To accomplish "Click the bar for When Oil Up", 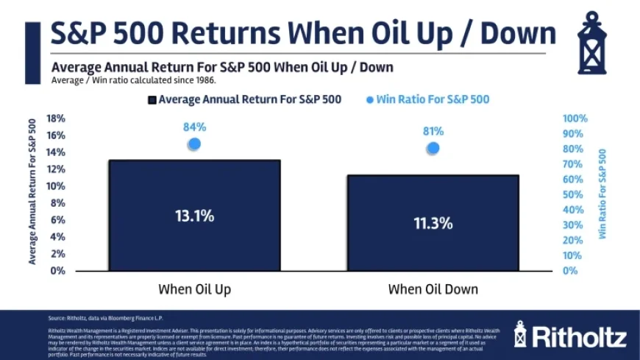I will [195, 215].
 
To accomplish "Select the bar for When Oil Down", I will [433, 222].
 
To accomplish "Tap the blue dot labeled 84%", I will [194, 144].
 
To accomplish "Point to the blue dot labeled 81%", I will [433, 148].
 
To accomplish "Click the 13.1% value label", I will [195, 216].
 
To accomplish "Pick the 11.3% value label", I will [433, 223].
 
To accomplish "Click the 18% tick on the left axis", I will [57, 119].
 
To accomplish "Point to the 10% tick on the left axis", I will [57, 186].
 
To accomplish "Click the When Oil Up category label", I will [195, 289].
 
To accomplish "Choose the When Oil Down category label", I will [433, 289].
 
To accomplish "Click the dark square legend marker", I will [152, 99].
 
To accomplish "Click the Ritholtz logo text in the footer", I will [579, 336].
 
